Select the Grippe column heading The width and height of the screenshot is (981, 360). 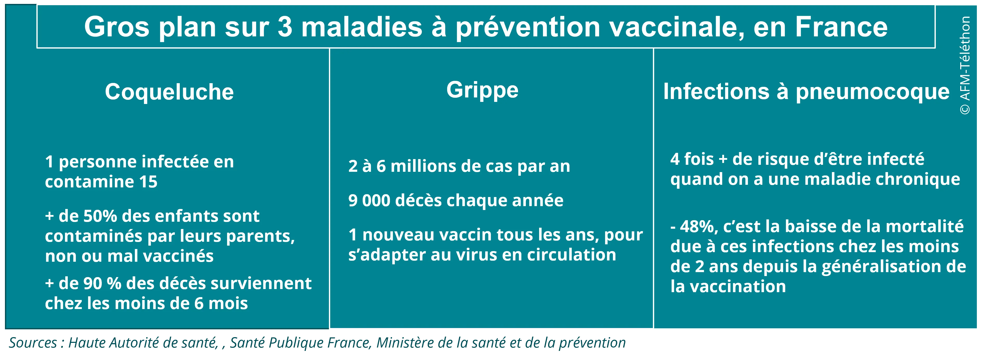(482, 90)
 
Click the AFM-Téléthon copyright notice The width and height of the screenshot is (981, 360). (965, 65)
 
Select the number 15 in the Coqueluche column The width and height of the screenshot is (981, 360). (148, 182)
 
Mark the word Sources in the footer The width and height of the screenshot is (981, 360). (33, 343)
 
